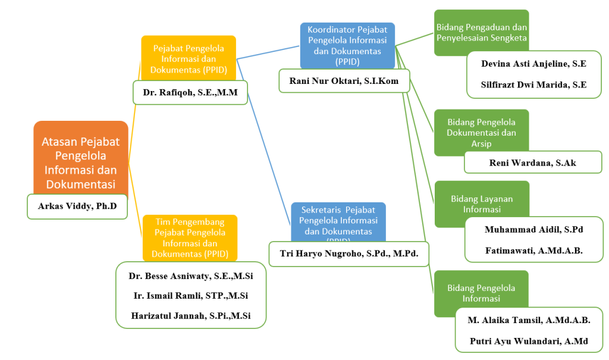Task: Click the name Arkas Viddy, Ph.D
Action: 77,206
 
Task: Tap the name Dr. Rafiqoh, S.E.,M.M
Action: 190,92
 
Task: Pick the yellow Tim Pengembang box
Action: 190,237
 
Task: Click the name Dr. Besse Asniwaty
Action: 190,276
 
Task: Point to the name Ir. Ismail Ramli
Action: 190,296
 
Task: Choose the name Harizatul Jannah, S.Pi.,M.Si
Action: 190,316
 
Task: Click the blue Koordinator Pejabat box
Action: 347,45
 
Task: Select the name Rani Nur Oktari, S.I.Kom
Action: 344,80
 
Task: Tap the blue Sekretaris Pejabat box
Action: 338,221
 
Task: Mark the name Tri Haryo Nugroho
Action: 349,253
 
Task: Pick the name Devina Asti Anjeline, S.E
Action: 533,63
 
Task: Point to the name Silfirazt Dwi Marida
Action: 533,84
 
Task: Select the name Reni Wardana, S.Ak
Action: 533,162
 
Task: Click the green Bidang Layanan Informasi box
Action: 481,204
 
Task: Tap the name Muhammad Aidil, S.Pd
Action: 533,229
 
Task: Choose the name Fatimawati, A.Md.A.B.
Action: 533,251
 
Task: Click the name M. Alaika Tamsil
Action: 529,320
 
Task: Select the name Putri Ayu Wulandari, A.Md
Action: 529,341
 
